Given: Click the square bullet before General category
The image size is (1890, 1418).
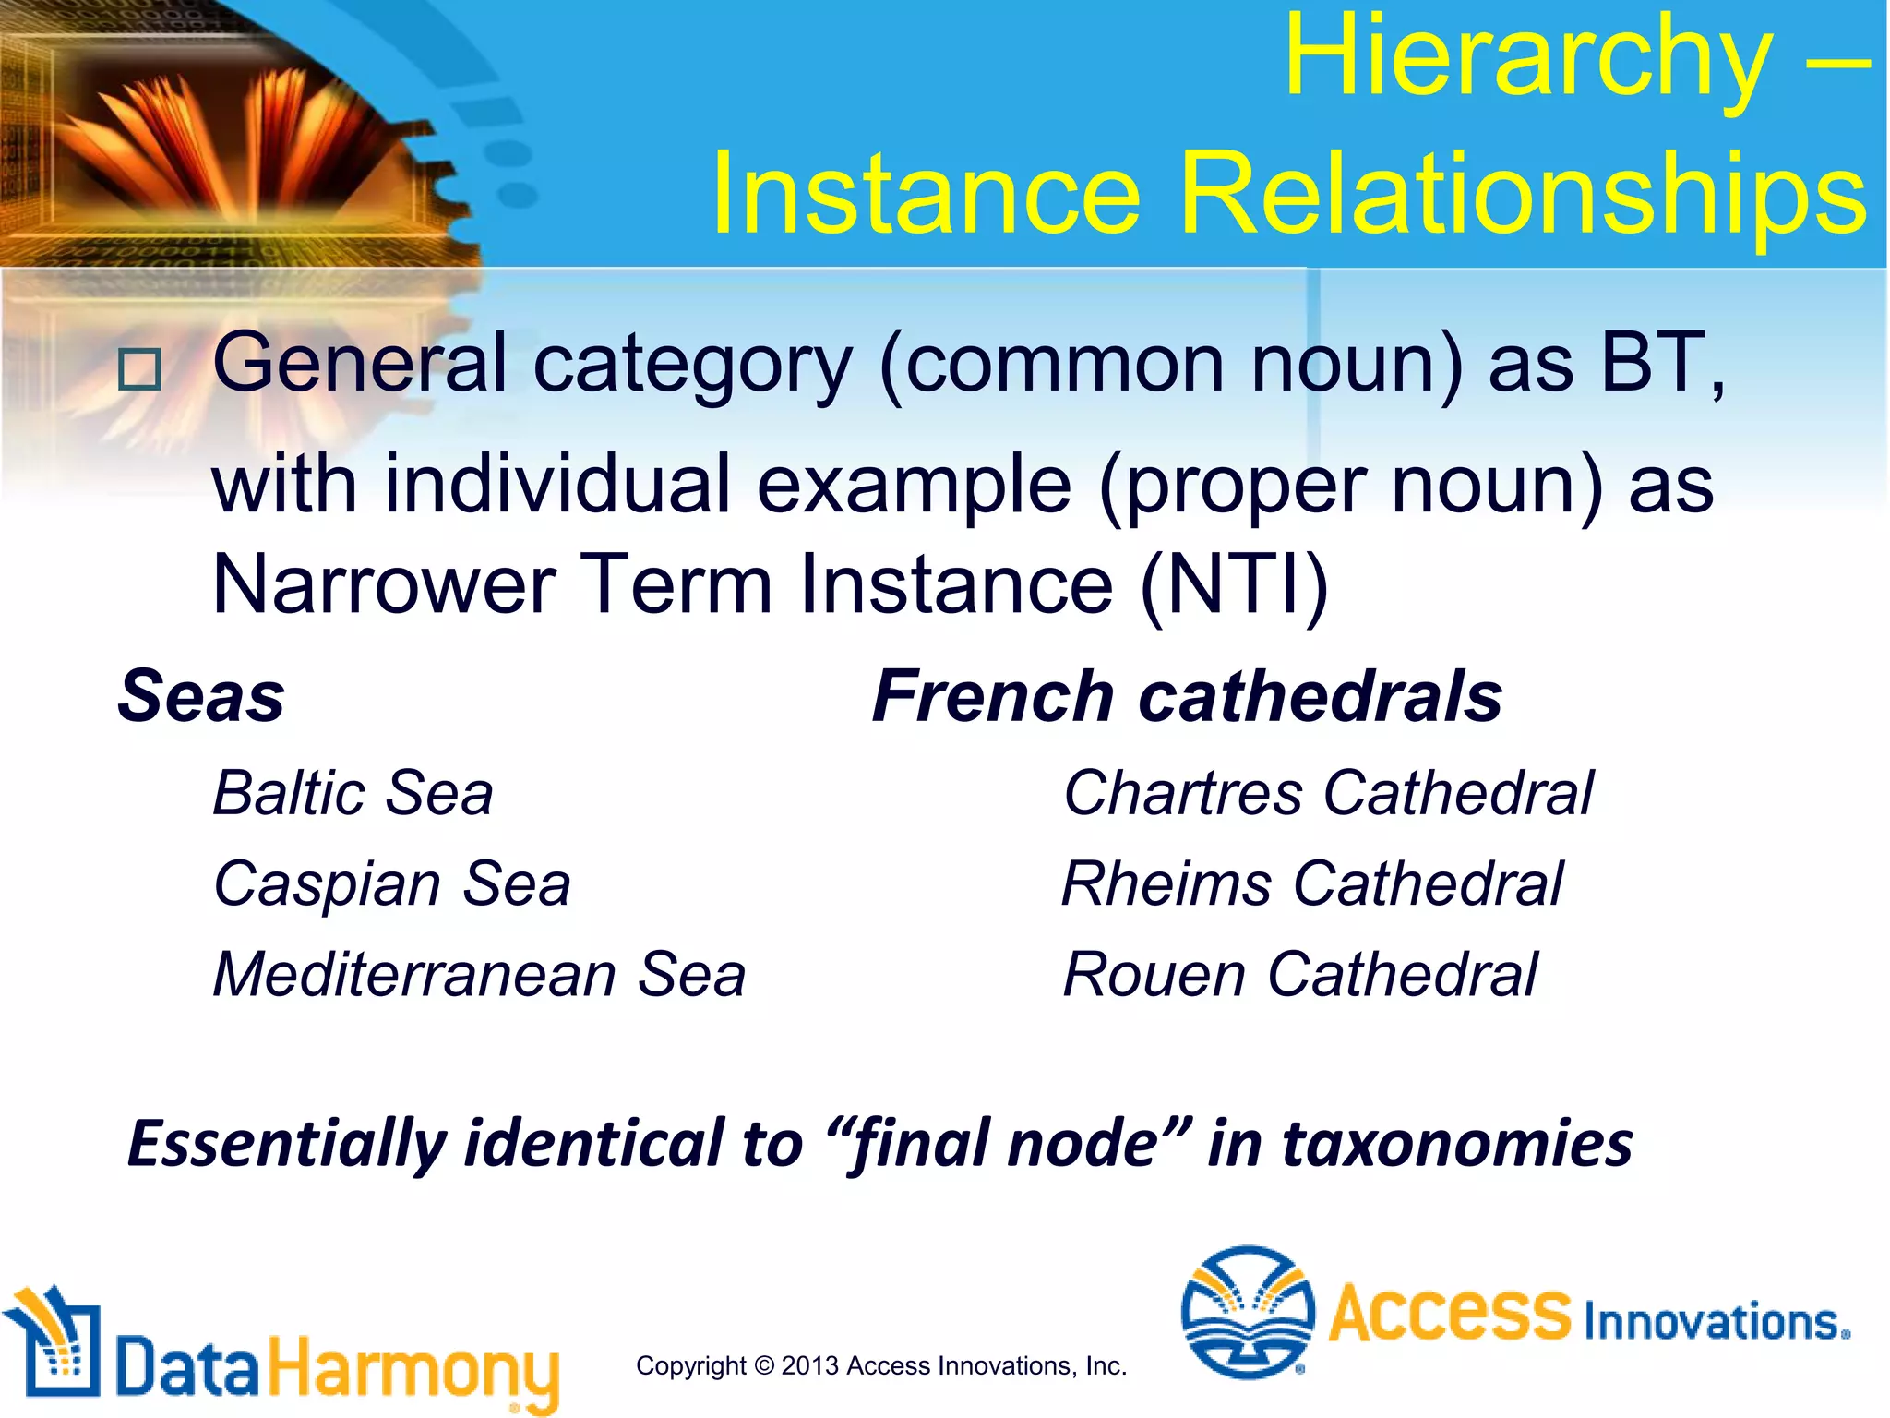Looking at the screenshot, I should (x=139, y=369).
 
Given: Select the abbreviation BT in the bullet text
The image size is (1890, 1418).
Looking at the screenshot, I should (x=1652, y=364).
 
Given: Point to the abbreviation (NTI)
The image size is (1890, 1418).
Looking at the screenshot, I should (x=1234, y=585).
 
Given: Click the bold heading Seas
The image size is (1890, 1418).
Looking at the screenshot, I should (x=201, y=696).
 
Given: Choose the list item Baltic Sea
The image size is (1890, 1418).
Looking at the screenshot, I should (x=353, y=793).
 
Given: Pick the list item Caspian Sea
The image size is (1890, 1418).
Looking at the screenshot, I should (x=392, y=883).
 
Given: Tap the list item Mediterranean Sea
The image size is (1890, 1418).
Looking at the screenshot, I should (x=479, y=975).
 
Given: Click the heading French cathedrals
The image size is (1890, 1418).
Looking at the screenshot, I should (x=1187, y=696).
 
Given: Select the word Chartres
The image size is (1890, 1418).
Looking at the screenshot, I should (x=1183, y=793).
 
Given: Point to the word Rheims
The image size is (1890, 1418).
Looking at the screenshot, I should (x=1166, y=883).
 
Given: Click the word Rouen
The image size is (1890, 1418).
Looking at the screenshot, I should (x=1154, y=975).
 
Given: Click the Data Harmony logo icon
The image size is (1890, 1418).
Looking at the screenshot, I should (x=53, y=1342).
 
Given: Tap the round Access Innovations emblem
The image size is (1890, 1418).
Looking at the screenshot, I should (x=1248, y=1311).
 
